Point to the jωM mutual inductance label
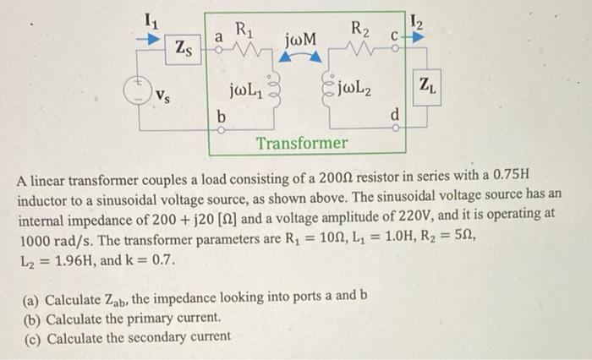302,39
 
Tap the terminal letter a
217,36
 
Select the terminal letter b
222,114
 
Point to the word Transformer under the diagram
302,143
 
